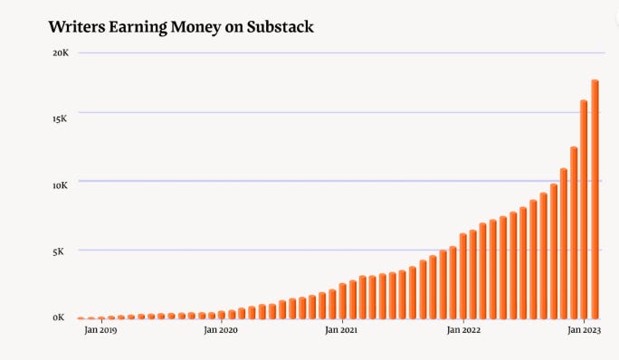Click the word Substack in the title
point(275,27)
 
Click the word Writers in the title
point(79,27)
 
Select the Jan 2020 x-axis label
point(221,331)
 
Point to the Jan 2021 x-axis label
point(342,331)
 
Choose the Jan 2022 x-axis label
point(463,331)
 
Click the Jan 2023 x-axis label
point(585,331)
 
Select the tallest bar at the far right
point(595,199)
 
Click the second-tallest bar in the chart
point(584,209)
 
